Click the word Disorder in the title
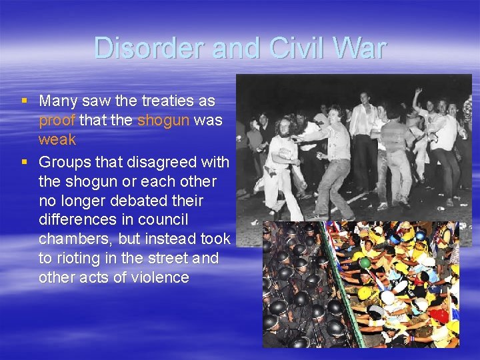149,48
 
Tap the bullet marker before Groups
24,162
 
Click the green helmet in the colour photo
365,263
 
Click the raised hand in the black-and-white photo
418,91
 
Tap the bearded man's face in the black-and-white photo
284,128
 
